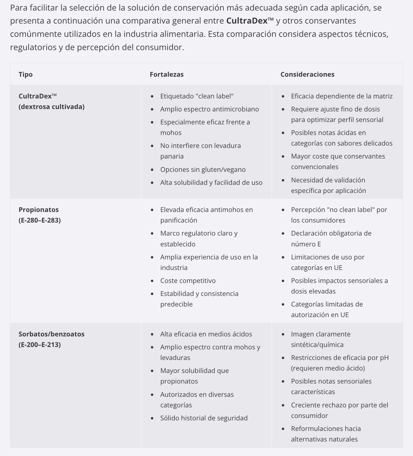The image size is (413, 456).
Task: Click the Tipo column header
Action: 26,74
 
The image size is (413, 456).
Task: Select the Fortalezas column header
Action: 167,74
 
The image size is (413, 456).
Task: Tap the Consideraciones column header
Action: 307,74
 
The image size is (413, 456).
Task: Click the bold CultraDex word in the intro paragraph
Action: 247,21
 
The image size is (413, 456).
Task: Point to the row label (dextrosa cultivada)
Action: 52,107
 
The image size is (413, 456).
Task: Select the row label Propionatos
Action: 39,210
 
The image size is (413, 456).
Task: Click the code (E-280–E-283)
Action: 40,220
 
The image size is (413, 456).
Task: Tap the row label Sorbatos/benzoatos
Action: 51,334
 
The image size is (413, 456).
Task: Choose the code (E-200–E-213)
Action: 40,345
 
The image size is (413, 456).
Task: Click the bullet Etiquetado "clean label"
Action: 197,96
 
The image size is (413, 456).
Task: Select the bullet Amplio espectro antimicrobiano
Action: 210,109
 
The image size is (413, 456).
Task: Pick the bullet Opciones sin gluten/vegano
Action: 203,169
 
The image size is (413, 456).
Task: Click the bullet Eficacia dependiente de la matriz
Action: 342,96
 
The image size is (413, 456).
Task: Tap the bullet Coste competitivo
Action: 188,281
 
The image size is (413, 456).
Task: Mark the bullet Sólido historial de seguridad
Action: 204,418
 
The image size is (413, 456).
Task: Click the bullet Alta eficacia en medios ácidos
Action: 206,334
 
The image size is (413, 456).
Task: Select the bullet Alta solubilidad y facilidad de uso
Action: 211,182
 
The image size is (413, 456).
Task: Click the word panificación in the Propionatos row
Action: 179,220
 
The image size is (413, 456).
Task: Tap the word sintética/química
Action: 317,345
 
